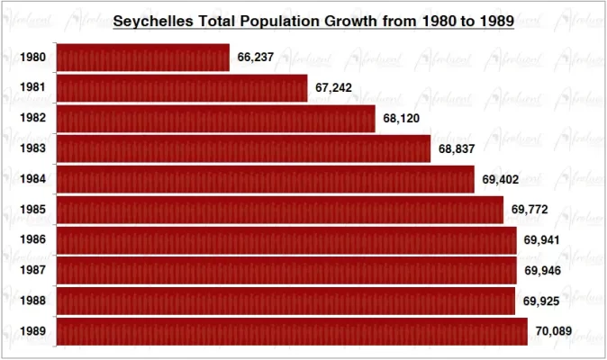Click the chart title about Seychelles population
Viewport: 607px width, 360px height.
(313, 20)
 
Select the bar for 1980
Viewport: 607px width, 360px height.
(143, 58)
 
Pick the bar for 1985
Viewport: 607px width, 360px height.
(280, 210)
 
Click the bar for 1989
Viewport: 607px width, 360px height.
(292, 331)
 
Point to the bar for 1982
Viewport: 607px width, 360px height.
(215, 118)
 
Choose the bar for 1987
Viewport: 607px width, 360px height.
(286, 270)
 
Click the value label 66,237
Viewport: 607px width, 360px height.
(256, 58)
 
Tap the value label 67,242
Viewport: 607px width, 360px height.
(334, 88)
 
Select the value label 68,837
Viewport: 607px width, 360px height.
(457, 148)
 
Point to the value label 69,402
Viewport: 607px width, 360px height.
(500, 179)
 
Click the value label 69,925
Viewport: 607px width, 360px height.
(542, 301)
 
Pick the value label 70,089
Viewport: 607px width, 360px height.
(553, 331)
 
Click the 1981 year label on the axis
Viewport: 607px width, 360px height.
(33, 88)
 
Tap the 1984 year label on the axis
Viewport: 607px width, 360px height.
(33, 179)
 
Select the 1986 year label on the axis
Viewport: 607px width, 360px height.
(33, 240)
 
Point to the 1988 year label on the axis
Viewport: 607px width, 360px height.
(33, 301)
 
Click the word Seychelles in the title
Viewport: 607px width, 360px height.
(154, 20)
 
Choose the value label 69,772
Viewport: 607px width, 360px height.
(530, 210)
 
